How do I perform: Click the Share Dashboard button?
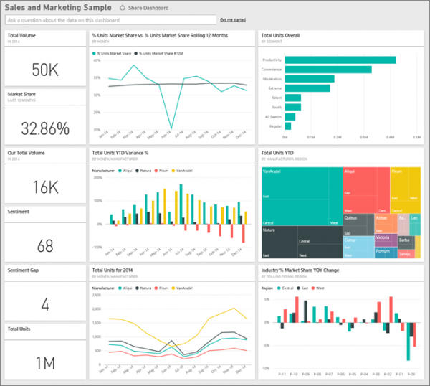click(145, 8)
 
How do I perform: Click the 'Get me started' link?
click(232, 19)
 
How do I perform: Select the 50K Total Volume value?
click(44, 69)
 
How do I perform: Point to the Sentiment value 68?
click(44, 245)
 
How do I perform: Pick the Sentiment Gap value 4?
click(44, 304)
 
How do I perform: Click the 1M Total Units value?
click(44, 363)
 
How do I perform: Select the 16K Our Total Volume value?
click(44, 187)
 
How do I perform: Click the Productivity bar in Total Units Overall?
click(340, 60)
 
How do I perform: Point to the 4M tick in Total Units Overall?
click(391, 136)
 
